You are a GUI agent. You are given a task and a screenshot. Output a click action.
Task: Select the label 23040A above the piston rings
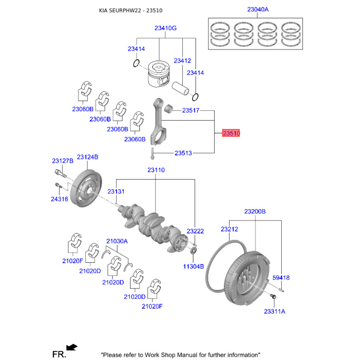click(257, 9)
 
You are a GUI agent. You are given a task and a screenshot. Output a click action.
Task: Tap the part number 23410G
click(165, 28)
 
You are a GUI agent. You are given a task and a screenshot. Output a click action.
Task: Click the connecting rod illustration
click(157, 121)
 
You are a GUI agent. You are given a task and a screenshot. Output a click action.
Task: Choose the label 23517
click(190, 110)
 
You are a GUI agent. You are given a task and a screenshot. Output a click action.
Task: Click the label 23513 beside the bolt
click(183, 153)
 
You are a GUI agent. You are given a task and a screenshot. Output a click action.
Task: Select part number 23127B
click(63, 161)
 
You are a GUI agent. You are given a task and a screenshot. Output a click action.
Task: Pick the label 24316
click(59, 199)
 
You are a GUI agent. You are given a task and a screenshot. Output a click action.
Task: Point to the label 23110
click(156, 170)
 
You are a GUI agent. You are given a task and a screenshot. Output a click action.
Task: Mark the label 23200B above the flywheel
click(255, 211)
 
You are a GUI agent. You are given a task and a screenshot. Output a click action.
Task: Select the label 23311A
click(274, 311)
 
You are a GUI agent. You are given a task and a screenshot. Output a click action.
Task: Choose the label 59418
click(281, 278)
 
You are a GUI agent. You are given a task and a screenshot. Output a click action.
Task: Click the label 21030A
click(117, 241)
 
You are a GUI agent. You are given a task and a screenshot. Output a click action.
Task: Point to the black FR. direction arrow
click(72, 346)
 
